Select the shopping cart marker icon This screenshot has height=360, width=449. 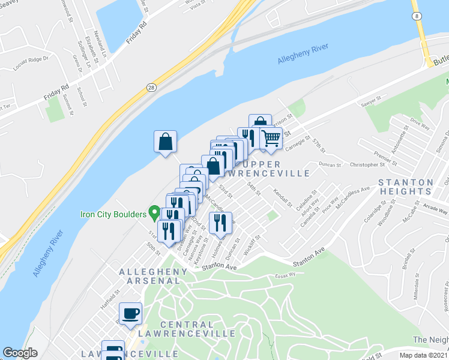(x=271, y=138)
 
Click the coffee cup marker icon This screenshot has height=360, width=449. (x=131, y=313)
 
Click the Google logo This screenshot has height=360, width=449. (x=20, y=353)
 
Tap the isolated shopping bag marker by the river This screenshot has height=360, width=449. (x=165, y=142)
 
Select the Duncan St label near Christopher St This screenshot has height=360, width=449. (x=330, y=164)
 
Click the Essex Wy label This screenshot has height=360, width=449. (x=286, y=275)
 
